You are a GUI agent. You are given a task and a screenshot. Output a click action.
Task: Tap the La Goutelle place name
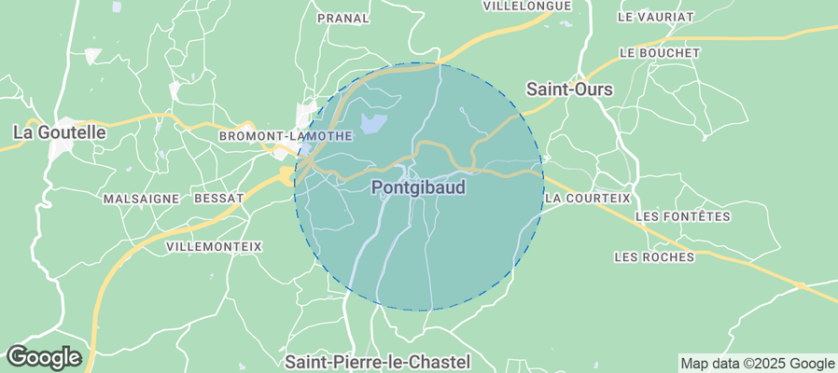[60, 133]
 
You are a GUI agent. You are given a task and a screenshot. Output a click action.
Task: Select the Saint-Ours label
[569, 90]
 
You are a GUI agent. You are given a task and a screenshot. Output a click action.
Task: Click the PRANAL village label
[343, 18]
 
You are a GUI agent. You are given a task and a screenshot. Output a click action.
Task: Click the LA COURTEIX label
[587, 199]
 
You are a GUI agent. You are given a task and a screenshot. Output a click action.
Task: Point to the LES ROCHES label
[655, 256]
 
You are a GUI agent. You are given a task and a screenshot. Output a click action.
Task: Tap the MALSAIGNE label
[140, 199]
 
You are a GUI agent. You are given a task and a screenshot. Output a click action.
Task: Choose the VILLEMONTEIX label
[214, 246]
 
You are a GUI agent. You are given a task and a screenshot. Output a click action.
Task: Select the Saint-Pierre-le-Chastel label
[377, 361]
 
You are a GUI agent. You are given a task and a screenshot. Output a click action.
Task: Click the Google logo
[43, 356]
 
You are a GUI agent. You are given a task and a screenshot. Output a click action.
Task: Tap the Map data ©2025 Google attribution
[757, 364]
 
